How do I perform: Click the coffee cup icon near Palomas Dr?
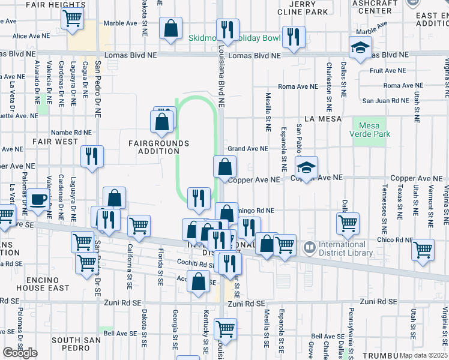pos(39,199)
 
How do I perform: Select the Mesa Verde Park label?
pos(374,130)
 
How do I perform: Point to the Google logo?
pos(19,353)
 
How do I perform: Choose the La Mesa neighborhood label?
pos(322,119)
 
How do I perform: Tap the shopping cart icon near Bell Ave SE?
pos(225,328)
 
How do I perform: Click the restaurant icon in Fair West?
pos(92,156)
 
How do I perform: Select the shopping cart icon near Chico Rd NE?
pos(424,249)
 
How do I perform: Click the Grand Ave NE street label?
pos(247,149)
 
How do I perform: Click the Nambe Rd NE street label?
pos(71,132)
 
